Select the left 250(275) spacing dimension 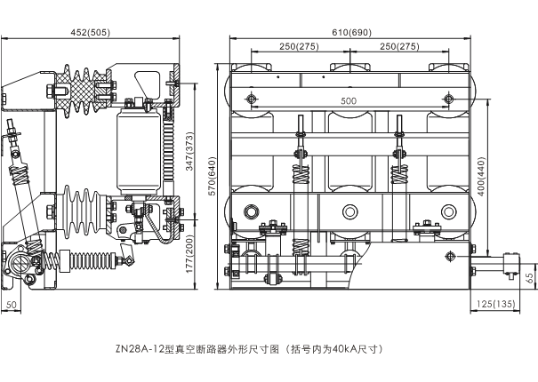coord(300,46)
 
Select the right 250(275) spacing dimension coord(398,46)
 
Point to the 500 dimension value coord(348,101)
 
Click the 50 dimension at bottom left coord(12,305)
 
